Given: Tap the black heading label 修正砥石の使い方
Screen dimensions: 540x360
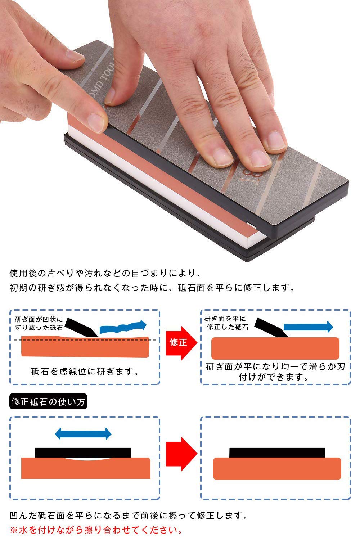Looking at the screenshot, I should coord(48,402).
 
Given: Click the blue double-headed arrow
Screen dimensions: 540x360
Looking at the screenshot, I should coord(83,434).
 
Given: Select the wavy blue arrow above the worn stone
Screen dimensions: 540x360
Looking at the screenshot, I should coord(122,327).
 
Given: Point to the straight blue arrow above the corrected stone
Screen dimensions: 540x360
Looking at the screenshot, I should coord(308,327).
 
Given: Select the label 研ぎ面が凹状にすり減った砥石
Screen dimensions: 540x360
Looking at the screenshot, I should coord(39,324).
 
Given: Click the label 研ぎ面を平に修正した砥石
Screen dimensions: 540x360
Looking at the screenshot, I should coord(226,323).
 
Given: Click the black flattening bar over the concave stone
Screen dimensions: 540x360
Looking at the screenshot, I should coord(83,453).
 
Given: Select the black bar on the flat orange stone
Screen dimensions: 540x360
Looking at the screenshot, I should coord(277,453).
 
